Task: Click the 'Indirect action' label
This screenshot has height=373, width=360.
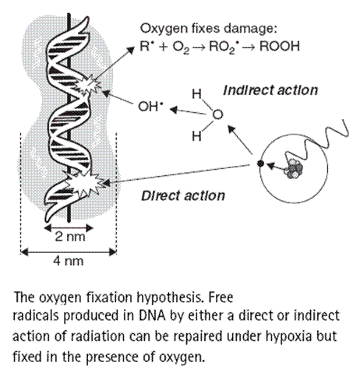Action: click(x=270, y=90)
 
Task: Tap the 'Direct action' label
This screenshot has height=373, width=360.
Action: click(x=183, y=195)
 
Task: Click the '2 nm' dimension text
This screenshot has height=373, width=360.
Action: click(x=70, y=237)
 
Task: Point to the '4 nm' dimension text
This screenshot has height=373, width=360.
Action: click(x=69, y=261)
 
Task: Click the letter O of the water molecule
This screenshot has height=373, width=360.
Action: click(x=217, y=114)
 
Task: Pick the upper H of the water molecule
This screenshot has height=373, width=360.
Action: click(x=197, y=93)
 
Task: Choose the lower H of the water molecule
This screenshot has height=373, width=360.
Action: click(x=196, y=136)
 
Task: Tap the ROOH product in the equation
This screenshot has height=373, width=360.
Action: click(x=280, y=47)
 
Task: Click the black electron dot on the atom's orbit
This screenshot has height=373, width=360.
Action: click(x=260, y=164)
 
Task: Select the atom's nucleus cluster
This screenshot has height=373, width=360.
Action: click(x=294, y=169)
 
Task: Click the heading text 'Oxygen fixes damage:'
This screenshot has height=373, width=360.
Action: click(x=208, y=29)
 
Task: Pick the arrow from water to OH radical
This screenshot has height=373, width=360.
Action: click(x=189, y=111)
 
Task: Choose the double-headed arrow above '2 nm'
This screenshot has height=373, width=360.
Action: click(x=69, y=228)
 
